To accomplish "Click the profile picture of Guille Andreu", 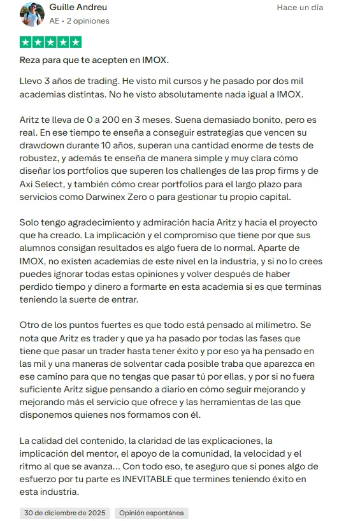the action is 32,14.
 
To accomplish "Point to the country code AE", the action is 55,20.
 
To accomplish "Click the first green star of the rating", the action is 25,43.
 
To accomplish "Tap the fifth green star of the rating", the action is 75,43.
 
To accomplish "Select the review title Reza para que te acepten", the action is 94,61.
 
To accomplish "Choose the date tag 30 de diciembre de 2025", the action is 64,513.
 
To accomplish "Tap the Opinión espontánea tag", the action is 152,513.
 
